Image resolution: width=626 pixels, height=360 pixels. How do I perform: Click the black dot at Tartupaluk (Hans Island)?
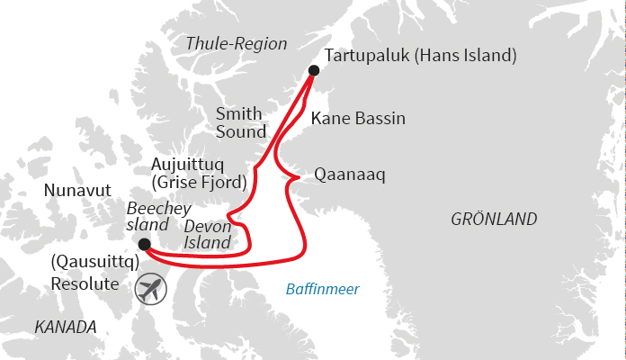[313, 70]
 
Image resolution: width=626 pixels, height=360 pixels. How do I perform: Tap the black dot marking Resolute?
[145, 244]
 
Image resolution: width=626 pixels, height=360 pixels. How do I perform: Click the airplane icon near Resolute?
[153, 290]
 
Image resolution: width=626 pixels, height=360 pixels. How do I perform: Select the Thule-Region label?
[237, 43]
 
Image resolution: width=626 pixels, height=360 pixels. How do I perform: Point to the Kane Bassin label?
[358, 119]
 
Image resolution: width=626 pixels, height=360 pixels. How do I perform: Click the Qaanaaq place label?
[350, 175]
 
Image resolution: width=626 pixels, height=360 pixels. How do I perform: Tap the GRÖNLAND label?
[494, 220]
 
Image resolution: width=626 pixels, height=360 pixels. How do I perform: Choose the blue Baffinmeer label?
[322, 290]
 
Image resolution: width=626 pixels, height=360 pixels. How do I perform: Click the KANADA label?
[65, 327]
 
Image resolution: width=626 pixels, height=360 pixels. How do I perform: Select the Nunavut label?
[77, 191]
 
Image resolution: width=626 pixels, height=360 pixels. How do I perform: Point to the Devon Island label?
[207, 234]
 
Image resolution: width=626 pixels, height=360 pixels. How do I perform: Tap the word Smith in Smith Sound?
[238, 114]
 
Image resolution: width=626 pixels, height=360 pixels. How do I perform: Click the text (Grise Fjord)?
[199, 182]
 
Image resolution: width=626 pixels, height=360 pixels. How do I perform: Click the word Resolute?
[85, 283]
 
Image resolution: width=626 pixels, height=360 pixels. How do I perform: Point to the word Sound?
[241, 132]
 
